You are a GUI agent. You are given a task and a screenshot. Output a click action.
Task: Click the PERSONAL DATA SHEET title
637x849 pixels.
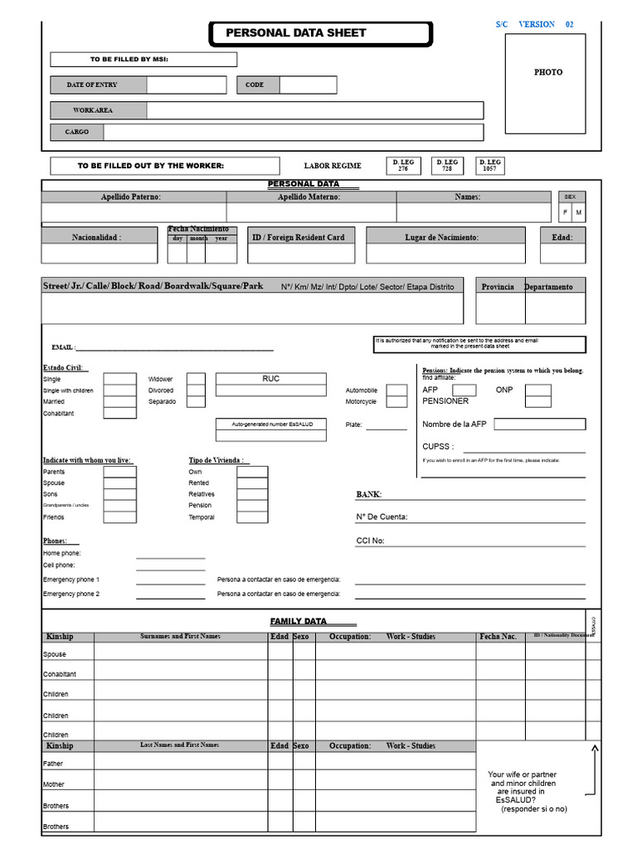click(x=295, y=33)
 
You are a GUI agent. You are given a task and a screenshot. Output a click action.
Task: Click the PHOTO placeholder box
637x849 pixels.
click(x=545, y=83)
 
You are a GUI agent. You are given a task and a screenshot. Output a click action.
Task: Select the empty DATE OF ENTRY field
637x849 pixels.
click(x=186, y=85)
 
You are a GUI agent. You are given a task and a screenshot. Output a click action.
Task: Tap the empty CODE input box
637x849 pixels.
click(x=308, y=85)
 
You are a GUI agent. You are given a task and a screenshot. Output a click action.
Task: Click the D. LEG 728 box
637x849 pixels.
click(x=447, y=165)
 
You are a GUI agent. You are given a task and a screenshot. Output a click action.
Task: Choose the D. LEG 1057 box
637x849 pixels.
click(x=489, y=165)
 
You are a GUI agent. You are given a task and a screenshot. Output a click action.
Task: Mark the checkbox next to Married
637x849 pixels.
click(x=119, y=401)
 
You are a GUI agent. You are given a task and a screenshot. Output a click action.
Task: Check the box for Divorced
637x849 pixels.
click(x=196, y=390)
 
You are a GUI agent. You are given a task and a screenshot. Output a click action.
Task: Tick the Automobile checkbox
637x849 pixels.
click(x=396, y=390)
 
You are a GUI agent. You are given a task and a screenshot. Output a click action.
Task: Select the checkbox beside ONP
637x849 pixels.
click(x=537, y=390)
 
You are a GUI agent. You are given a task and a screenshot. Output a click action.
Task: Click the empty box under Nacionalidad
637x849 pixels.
click(x=100, y=254)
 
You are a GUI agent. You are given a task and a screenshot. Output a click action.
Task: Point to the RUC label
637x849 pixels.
click(x=270, y=379)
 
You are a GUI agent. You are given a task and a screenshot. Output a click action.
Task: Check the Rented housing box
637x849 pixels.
click(x=252, y=483)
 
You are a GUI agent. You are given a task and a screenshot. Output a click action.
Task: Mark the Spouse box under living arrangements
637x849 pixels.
click(x=119, y=483)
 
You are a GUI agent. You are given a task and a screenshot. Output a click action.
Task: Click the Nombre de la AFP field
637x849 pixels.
click(x=539, y=424)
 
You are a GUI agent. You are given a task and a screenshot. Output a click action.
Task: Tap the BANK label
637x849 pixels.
click(x=368, y=494)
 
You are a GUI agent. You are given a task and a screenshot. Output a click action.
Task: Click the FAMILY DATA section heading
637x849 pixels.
click(x=299, y=621)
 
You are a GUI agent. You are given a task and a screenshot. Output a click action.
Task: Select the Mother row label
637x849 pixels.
click(x=54, y=784)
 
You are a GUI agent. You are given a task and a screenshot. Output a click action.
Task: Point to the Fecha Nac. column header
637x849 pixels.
click(x=498, y=637)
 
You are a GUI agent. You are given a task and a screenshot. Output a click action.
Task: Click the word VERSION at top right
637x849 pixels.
click(x=537, y=25)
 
